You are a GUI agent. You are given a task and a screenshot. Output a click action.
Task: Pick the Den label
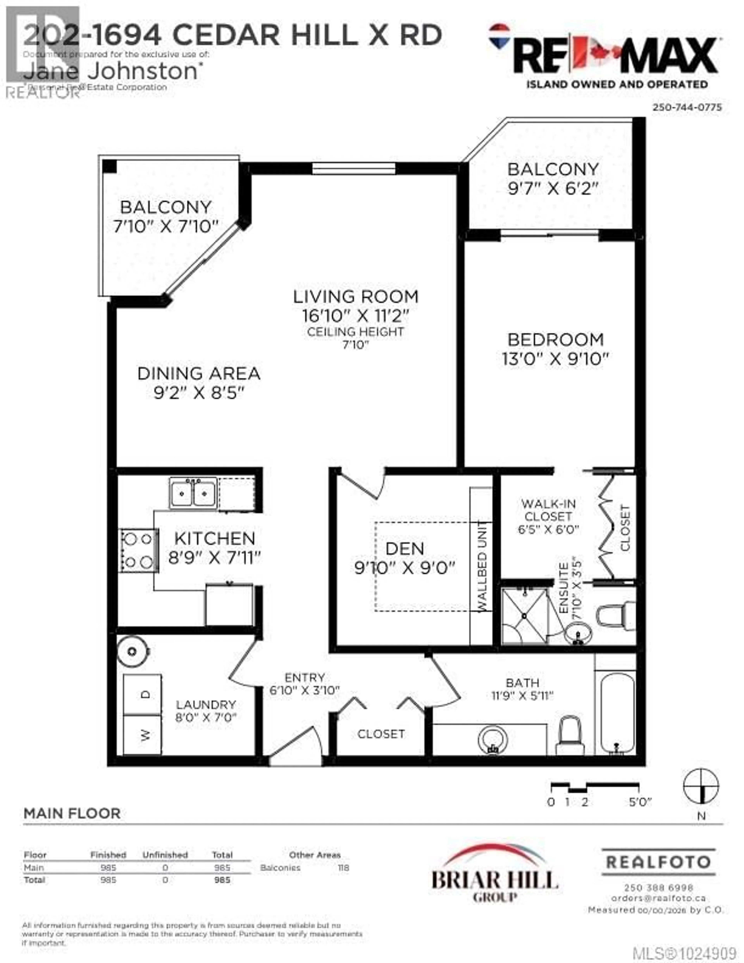pyautogui.click(x=405, y=548)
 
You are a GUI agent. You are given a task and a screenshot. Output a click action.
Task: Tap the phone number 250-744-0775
pyautogui.click(x=687, y=107)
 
